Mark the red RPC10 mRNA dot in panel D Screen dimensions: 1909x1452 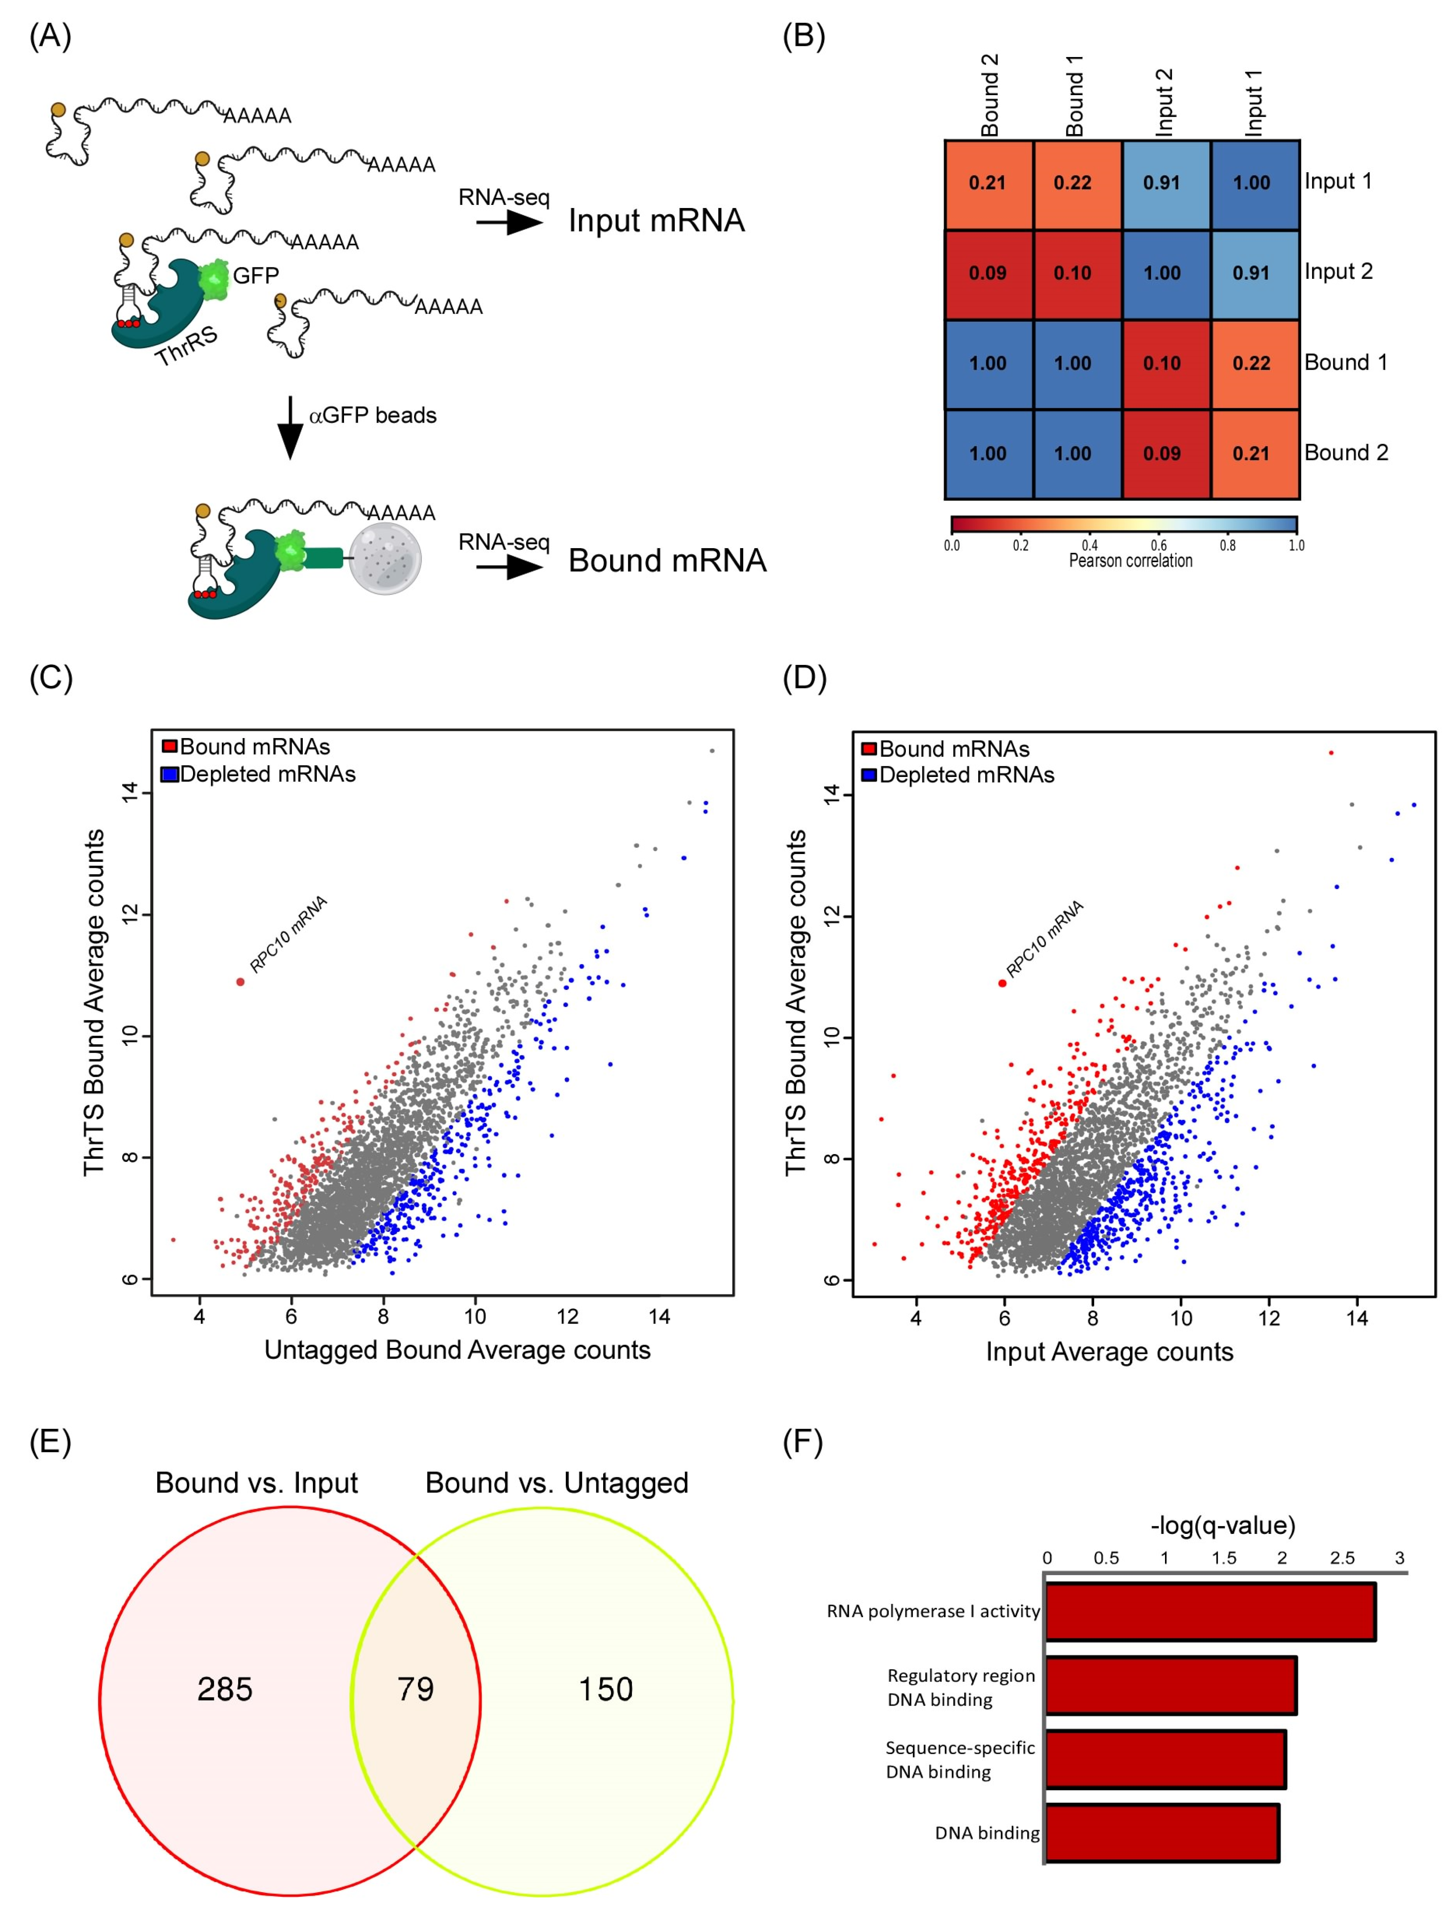1002,983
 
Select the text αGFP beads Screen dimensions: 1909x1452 372,416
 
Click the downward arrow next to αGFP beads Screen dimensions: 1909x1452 291,428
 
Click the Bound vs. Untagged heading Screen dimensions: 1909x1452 557,1483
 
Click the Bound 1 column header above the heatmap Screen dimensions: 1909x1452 1074,95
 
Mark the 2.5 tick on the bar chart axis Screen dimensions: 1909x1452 1342,1558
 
